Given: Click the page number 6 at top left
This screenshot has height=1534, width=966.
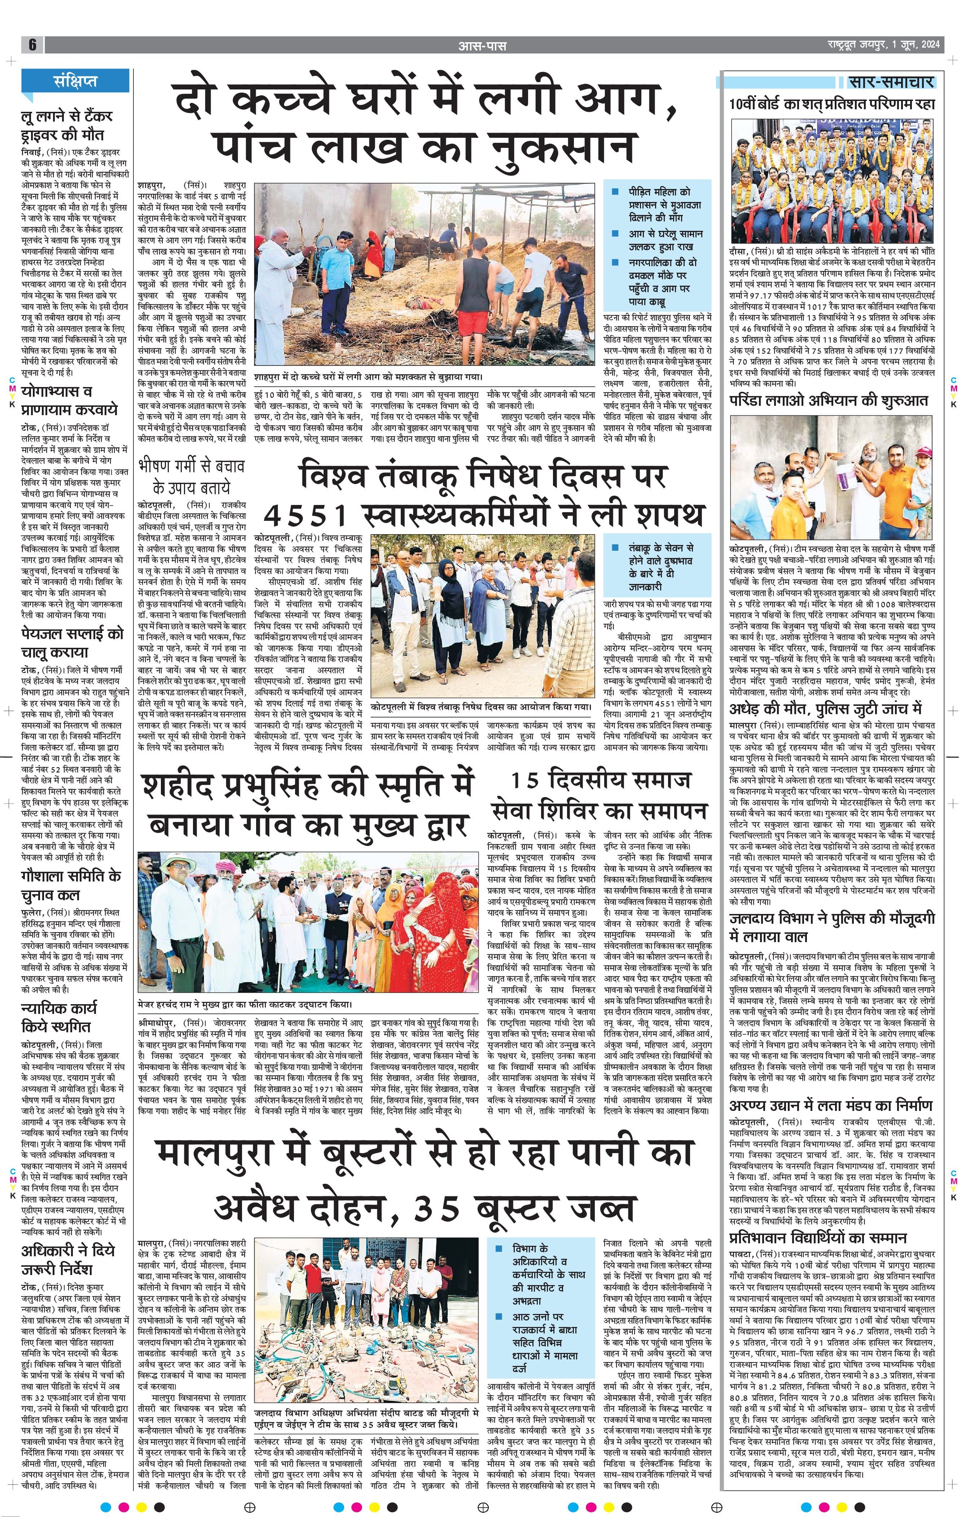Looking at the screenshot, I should (x=32, y=45).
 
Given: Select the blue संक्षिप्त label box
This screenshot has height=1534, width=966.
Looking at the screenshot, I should (x=75, y=81).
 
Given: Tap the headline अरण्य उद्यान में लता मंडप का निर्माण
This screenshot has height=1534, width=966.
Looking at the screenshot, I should (x=831, y=1105).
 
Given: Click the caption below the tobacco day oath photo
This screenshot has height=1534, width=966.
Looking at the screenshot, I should (x=481, y=707).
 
